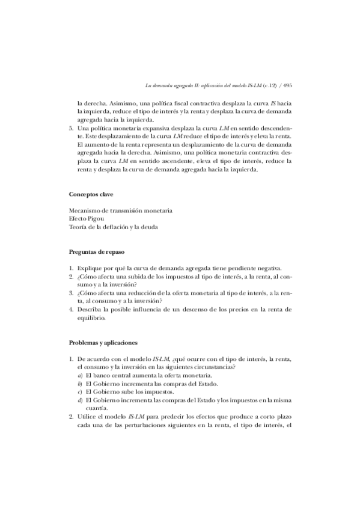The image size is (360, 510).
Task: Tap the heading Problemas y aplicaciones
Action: (x=103, y=343)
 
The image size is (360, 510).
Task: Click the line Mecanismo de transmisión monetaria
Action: (x=121, y=210)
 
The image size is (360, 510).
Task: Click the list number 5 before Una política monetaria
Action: (x=71, y=129)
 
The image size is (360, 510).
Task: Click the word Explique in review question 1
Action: (x=91, y=267)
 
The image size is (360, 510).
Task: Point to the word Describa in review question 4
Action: (x=91, y=309)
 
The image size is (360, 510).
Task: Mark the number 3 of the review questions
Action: (x=71, y=293)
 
